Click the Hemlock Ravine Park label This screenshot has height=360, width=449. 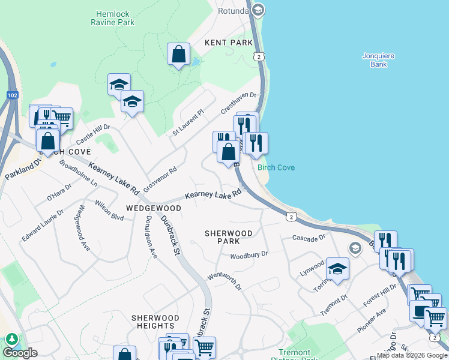pyautogui.click(x=115, y=17)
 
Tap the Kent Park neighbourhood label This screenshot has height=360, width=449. pyautogui.click(x=229, y=43)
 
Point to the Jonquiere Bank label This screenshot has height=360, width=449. pyautogui.click(x=378, y=60)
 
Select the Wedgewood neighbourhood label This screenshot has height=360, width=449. pyautogui.click(x=154, y=208)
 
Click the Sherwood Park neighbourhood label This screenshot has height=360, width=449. pyautogui.click(x=229, y=237)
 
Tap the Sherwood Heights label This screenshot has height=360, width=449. pyautogui.click(x=155, y=322)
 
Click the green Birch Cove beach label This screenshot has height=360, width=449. pyautogui.click(x=276, y=167)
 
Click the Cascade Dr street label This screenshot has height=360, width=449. pyautogui.click(x=309, y=238)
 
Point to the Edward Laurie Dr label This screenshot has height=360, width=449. pyautogui.click(x=43, y=226)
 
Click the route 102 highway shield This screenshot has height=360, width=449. pyautogui.click(x=13, y=95)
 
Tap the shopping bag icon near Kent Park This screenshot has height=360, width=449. pyautogui.click(x=179, y=54)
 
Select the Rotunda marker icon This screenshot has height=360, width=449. pyautogui.click(x=258, y=10)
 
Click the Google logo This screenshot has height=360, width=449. pyautogui.click(x=20, y=353)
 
